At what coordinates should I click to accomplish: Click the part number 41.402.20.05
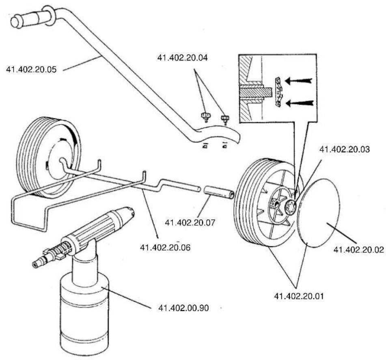click(x=31, y=69)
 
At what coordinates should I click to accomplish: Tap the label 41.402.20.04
click(x=182, y=58)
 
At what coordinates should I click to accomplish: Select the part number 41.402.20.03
click(x=345, y=149)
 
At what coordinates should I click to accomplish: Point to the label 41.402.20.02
click(x=359, y=250)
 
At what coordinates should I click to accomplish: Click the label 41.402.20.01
click(x=299, y=296)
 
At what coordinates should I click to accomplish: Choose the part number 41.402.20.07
click(x=190, y=222)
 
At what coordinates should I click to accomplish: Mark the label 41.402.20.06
click(x=165, y=247)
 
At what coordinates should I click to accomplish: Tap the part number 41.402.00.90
click(x=183, y=308)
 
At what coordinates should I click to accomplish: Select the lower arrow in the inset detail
click(x=300, y=103)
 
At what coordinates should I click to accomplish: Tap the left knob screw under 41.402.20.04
click(x=205, y=116)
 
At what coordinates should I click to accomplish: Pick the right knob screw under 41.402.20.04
click(x=224, y=119)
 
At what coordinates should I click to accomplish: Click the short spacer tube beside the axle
click(x=219, y=192)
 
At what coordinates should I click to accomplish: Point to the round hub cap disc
click(x=318, y=213)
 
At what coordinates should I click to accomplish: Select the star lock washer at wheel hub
click(x=290, y=205)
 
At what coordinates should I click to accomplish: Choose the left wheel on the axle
click(x=48, y=157)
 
